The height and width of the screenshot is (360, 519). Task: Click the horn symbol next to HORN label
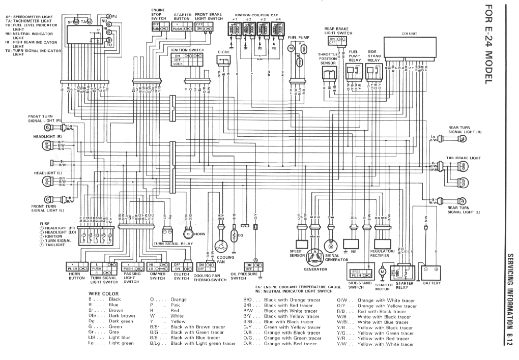click(x=188, y=234)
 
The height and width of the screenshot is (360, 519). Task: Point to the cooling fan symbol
click(x=222, y=246)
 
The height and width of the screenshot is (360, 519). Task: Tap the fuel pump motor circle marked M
click(x=292, y=48)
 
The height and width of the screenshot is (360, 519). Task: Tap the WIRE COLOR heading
click(x=103, y=294)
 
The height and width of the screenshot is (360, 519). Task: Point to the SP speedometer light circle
click(x=76, y=22)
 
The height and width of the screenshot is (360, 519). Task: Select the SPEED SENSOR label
click(x=296, y=254)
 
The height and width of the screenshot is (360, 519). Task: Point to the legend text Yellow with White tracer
click(x=385, y=344)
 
